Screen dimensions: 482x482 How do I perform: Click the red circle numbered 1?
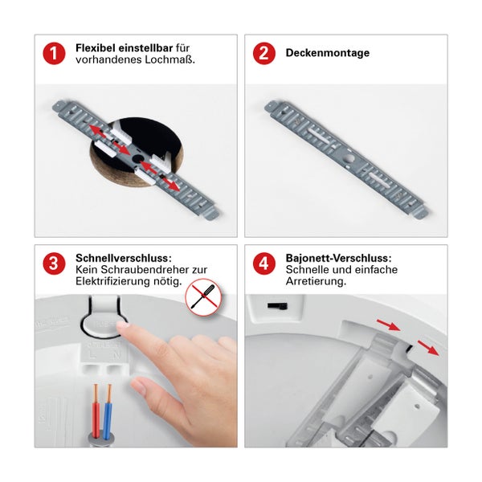pos(54,54)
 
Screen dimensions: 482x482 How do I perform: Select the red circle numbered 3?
pos(54,263)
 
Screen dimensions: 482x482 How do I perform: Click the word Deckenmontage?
pos(328,54)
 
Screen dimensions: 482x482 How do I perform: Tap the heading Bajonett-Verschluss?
pos(338,258)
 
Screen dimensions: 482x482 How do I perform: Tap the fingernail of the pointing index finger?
pos(123,326)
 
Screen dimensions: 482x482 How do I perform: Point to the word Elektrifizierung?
pos(113,282)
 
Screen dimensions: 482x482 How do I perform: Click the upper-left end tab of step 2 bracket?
pos(275,105)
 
